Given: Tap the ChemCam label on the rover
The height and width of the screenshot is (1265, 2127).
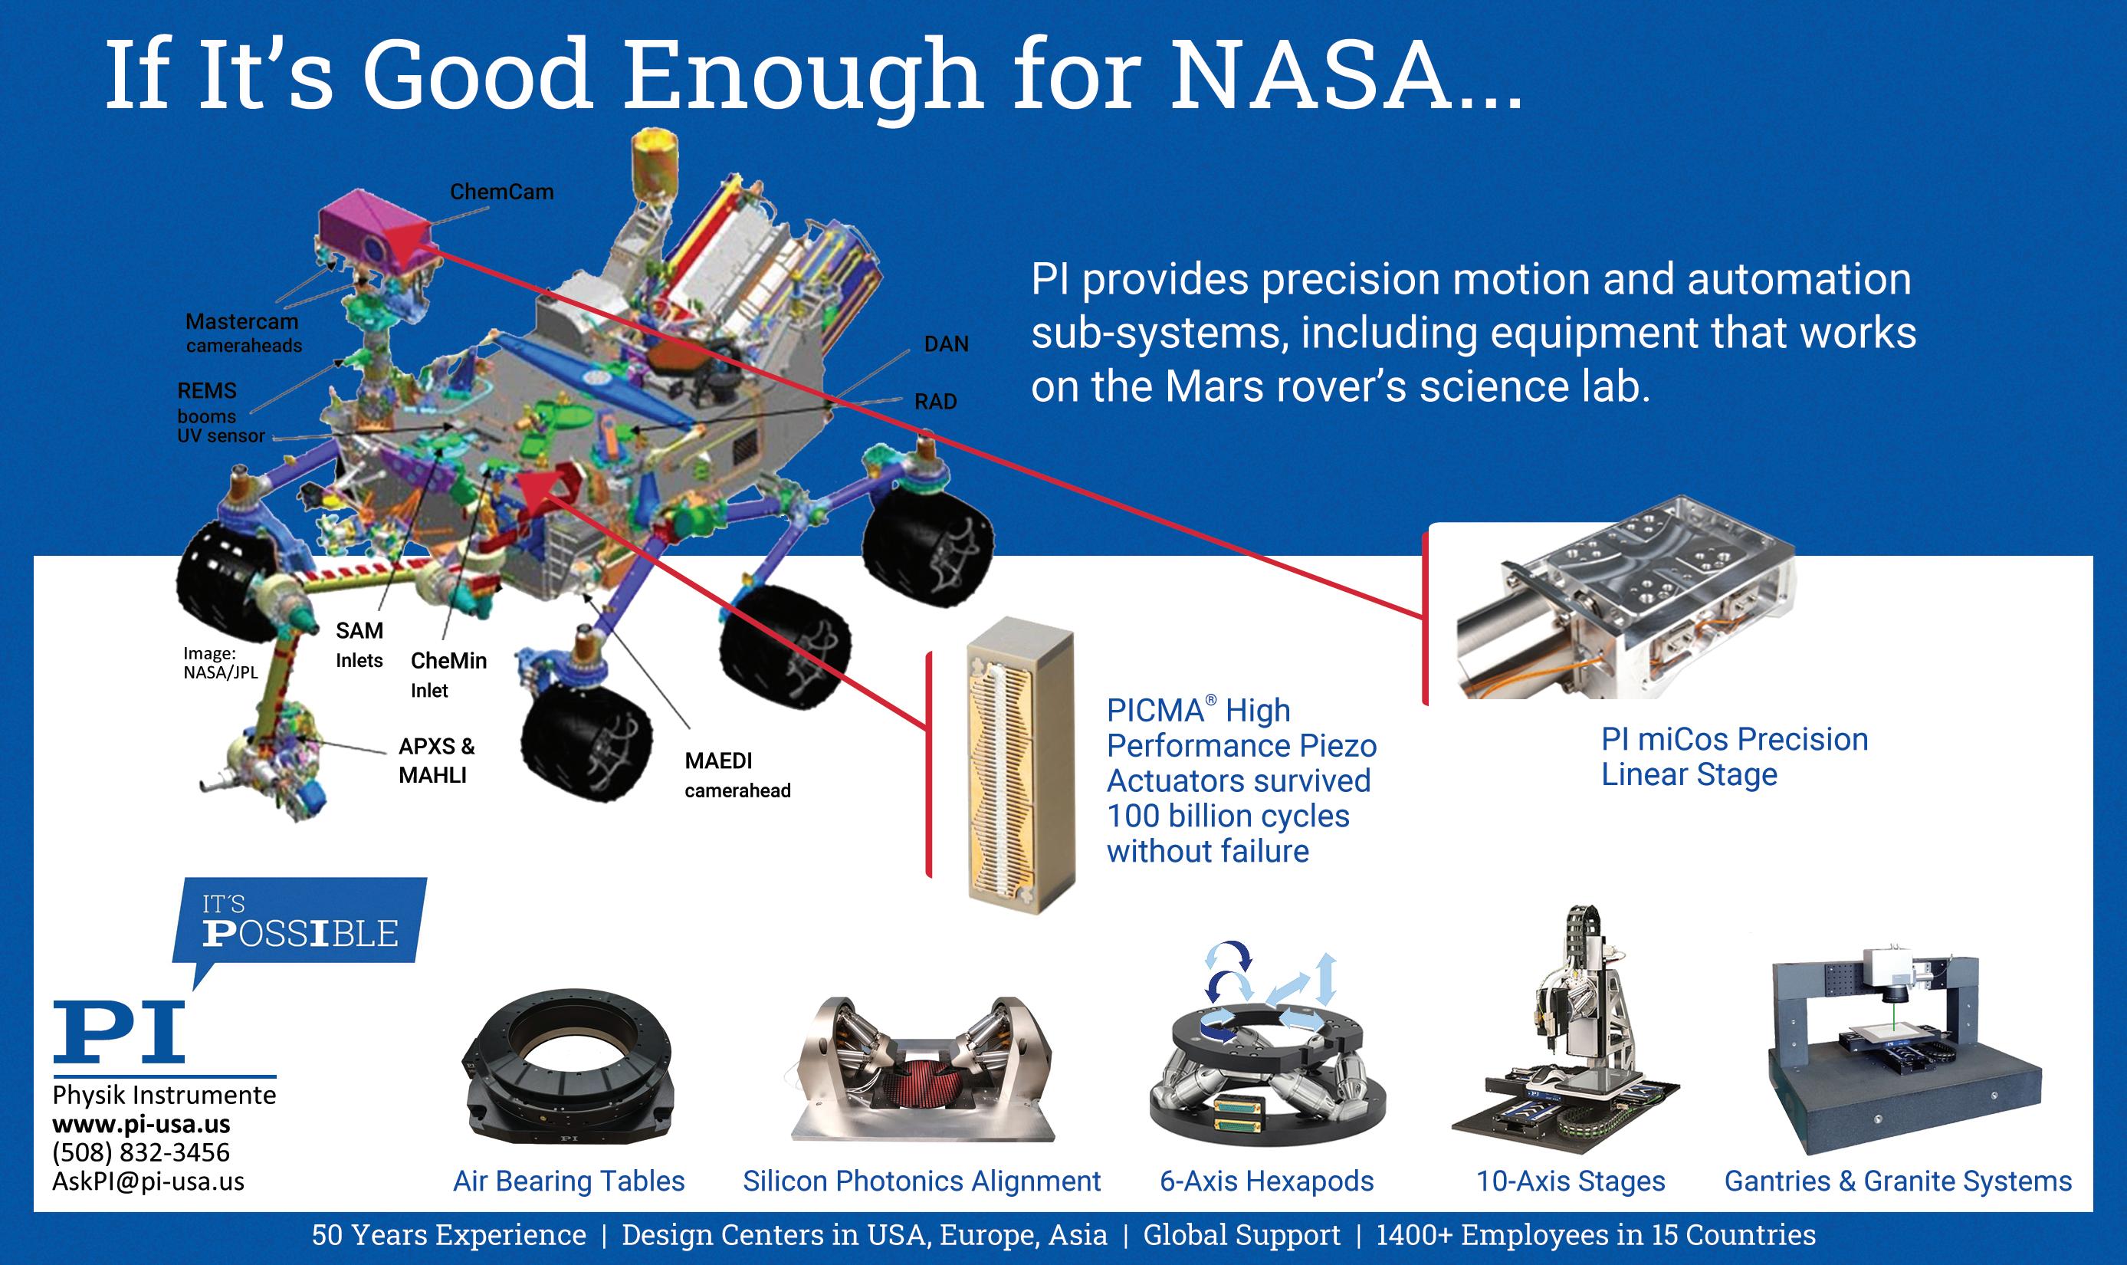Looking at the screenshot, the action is [x=502, y=192].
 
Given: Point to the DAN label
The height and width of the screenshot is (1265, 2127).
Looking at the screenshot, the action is [x=946, y=343].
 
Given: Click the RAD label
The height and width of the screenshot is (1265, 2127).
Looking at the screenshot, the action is [x=936, y=402].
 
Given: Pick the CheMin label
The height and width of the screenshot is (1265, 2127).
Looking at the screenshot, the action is [x=448, y=661].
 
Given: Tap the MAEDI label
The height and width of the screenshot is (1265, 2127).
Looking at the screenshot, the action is [x=718, y=761].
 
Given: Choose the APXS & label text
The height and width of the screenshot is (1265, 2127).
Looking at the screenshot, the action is [x=436, y=746].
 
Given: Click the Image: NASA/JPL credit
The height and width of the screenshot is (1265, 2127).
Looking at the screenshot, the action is [x=220, y=663].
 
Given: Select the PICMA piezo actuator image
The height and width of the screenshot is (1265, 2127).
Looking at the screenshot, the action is [x=1021, y=765].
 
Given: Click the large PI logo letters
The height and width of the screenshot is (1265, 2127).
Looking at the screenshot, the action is [x=119, y=1030].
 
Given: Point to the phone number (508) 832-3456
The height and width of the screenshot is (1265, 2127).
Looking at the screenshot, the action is [x=140, y=1152].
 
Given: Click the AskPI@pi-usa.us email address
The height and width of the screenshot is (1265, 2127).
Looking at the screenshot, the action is [x=148, y=1181].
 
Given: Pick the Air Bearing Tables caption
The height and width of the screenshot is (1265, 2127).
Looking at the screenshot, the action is [x=569, y=1181].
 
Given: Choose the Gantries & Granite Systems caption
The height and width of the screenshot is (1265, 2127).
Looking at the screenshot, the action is [x=1898, y=1181].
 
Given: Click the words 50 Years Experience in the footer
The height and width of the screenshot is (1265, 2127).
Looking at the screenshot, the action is [x=449, y=1235].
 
